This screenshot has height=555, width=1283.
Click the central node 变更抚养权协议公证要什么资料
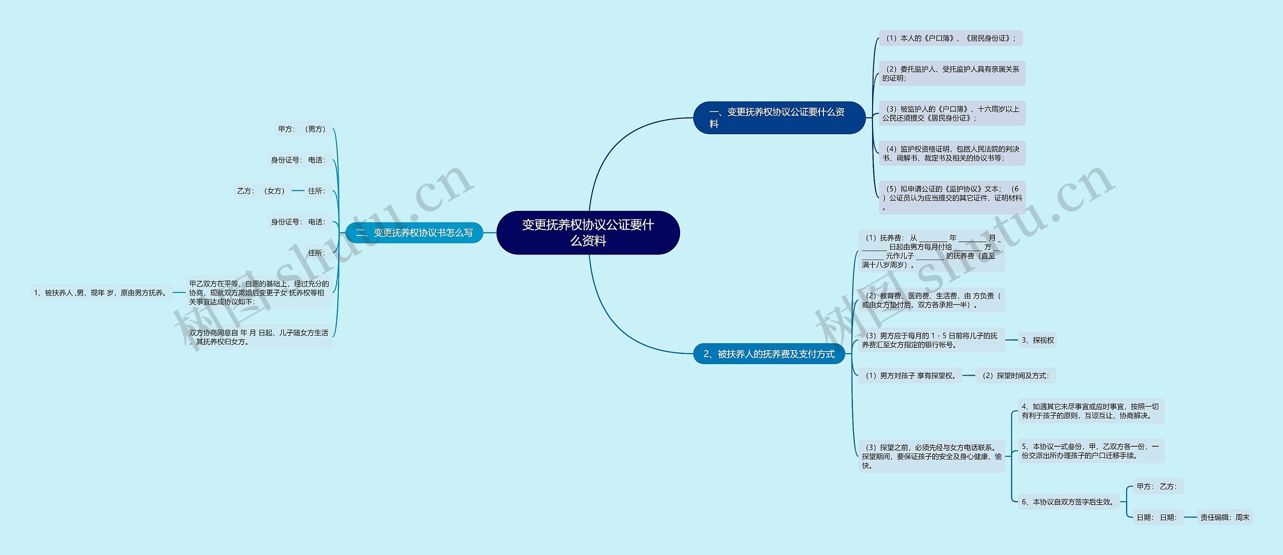(x=588, y=233)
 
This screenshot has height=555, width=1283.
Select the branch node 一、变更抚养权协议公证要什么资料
(x=779, y=118)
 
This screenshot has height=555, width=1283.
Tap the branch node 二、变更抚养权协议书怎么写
(x=414, y=233)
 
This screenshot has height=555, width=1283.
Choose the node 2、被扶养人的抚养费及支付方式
(x=769, y=354)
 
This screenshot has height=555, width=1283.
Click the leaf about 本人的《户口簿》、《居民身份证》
(x=950, y=38)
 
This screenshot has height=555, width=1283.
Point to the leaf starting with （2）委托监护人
(x=952, y=74)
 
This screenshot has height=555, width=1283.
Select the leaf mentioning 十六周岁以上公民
(x=952, y=114)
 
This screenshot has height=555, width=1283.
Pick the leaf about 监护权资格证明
(x=952, y=153)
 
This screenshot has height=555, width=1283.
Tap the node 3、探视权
(x=1037, y=340)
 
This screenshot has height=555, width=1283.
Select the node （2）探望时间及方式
(x=1015, y=376)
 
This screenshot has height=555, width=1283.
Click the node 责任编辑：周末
(x=1224, y=517)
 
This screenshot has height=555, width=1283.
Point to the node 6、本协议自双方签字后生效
(x=1068, y=502)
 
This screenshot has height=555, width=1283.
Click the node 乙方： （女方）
(x=261, y=191)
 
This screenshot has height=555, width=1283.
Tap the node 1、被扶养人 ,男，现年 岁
(x=101, y=293)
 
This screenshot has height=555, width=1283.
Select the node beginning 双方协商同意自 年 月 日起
(x=259, y=337)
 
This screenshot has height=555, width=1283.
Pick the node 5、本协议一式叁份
(x=1090, y=451)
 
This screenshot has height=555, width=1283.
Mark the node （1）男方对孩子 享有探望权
(x=910, y=376)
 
